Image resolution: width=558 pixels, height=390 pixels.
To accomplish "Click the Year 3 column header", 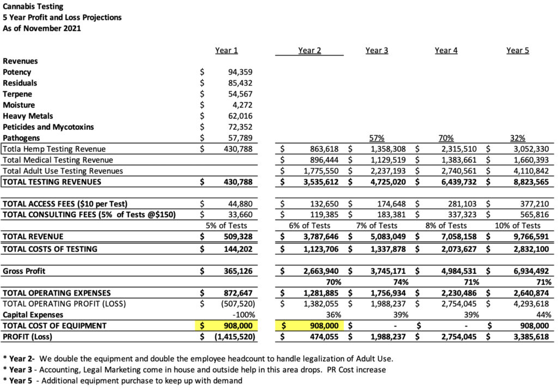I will tap(377, 50).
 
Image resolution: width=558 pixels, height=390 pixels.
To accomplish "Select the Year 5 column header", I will tap(517, 50).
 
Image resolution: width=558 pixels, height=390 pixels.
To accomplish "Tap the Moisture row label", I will tap(19, 105).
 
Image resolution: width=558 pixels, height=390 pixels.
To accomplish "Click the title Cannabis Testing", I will tap(33, 7).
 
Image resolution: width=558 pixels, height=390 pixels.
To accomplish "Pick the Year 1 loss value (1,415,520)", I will tap(232, 337).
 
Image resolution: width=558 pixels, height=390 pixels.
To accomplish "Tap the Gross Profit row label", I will tap(25, 271).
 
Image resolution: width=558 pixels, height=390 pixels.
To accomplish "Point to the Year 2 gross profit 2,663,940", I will tap(319, 271).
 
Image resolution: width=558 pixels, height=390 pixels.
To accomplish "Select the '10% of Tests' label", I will tap(518, 225).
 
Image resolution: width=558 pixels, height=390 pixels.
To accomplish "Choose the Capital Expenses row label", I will tap(33, 315).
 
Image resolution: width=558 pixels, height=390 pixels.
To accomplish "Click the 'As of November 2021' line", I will tap(42, 28).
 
